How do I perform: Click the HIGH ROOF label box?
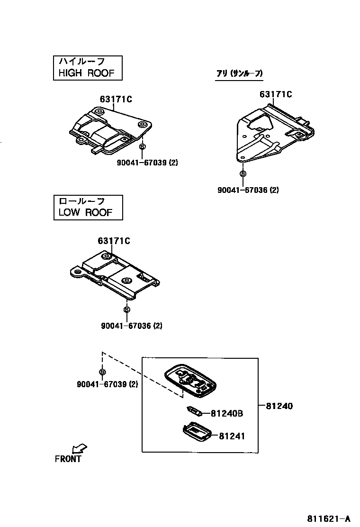87,67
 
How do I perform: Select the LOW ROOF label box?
88,208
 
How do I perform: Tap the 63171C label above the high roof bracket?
116,99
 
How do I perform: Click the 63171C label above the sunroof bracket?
276,94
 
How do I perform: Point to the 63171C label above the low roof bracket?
114,241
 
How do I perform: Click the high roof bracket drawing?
110,129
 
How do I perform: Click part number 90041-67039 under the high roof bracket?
147,163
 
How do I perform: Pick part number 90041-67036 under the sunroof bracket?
248,190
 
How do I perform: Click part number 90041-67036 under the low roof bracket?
132,326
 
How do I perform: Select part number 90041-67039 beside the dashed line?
107,384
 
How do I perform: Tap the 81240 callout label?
279,406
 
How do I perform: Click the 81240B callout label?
227,413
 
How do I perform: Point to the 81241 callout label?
232,436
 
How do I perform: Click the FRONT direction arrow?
79,448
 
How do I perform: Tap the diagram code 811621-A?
331,518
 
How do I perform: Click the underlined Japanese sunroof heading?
239,73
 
